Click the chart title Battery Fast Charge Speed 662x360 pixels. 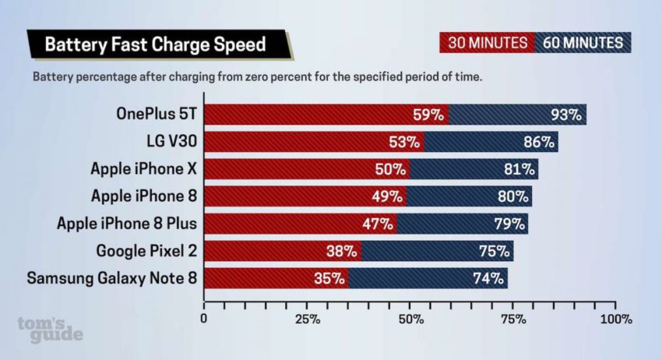click(155, 44)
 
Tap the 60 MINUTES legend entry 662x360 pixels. click(583, 43)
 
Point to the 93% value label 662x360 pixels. click(566, 115)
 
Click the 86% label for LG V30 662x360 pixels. click(538, 142)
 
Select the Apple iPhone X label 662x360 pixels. click(144, 169)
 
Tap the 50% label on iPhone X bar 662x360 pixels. click(390, 169)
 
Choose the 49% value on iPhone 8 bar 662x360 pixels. click(387, 196)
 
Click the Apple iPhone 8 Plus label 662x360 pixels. click(127, 224)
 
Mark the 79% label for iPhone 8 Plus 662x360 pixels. click(509, 224)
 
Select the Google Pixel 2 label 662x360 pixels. click(146, 251)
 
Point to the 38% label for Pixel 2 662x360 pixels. click(342, 252)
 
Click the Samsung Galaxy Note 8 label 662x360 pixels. click(112, 278)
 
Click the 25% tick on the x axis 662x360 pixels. click(308, 319)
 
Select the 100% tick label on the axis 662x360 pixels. click(616, 319)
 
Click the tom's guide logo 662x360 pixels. click(50, 329)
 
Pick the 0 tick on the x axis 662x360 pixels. click(204, 319)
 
